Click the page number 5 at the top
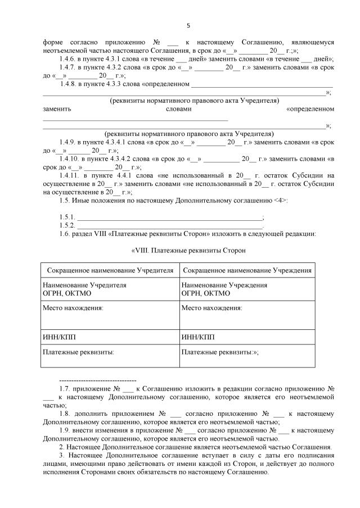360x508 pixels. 188,25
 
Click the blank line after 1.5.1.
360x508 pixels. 169,217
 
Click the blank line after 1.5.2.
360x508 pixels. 169,225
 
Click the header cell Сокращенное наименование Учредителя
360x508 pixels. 110,270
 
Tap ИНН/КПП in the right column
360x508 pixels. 196,337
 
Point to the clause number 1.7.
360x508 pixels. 64,388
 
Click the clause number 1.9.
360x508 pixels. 64,430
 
